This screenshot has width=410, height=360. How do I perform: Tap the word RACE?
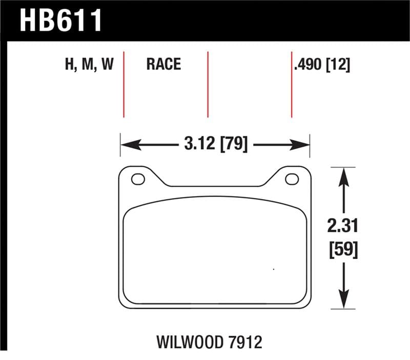(163, 64)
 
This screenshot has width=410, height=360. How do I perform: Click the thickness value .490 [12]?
(321, 65)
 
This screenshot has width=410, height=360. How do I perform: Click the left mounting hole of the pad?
(138, 179)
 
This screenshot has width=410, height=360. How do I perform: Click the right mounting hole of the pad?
(292, 179)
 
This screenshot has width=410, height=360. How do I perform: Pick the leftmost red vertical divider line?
(124, 85)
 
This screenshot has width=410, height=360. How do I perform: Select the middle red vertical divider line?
(208, 85)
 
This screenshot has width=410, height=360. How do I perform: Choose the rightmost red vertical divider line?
(292, 85)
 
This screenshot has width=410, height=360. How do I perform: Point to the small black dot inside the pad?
(274, 269)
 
